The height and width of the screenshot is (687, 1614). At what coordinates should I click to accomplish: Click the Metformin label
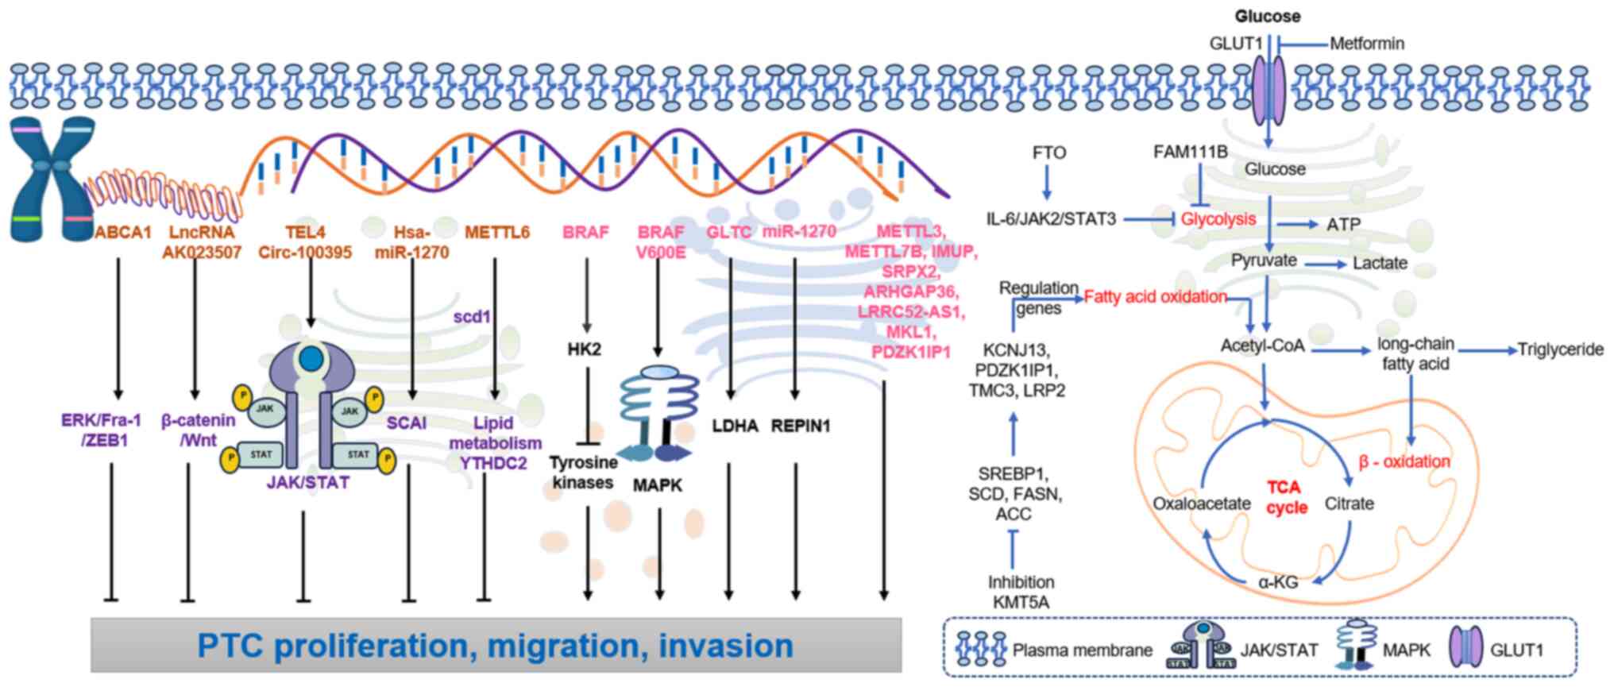[x=1367, y=44]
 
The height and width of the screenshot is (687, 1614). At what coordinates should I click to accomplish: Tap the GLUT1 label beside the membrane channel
[x=1235, y=44]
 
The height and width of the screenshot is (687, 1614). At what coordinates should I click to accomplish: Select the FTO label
[x=1048, y=152]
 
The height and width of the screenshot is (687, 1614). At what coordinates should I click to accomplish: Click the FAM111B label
[x=1190, y=151]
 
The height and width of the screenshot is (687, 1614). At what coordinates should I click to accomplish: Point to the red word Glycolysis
[x=1218, y=219]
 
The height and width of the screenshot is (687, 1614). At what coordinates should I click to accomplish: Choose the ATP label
[x=1343, y=225]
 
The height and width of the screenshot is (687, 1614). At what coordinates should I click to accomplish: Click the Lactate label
[x=1380, y=263]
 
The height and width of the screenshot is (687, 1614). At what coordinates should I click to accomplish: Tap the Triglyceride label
[x=1560, y=349]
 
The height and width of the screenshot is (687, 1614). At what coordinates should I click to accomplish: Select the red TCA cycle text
[x=1288, y=497]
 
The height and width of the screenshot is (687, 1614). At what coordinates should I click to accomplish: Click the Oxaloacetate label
[x=1202, y=504]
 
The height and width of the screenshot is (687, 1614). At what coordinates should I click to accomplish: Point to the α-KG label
[x=1278, y=582]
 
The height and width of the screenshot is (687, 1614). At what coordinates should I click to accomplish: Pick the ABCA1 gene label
[x=123, y=233]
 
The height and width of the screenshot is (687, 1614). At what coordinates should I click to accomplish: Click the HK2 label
[x=585, y=349]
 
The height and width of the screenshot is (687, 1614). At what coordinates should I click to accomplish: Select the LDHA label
[x=728, y=426]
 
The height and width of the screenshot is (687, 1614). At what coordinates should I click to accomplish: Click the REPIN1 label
[x=800, y=426]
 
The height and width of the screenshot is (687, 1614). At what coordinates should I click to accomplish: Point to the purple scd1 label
[x=472, y=317]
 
